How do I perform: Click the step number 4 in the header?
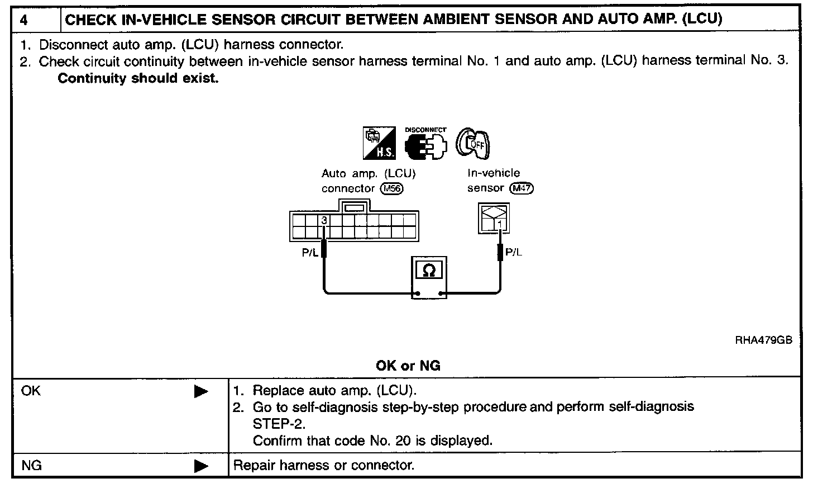(x=23, y=20)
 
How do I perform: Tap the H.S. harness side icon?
(x=380, y=142)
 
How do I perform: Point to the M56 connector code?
(x=391, y=188)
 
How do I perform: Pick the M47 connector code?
(x=522, y=188)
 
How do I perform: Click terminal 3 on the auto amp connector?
(x=323, y=220)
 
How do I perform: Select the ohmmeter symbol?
(x=429, y=271)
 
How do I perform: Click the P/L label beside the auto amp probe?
(x=310, y=252)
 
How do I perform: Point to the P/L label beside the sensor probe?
(x=514, y=252)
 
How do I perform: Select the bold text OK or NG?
(x=408, y=366)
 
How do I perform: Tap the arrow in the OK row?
(x=201, y=392)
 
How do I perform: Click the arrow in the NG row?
(x=201, y=466)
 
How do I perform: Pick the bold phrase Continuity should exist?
(x=138, y=78)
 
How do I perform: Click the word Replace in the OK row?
(x=274, y=390)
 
